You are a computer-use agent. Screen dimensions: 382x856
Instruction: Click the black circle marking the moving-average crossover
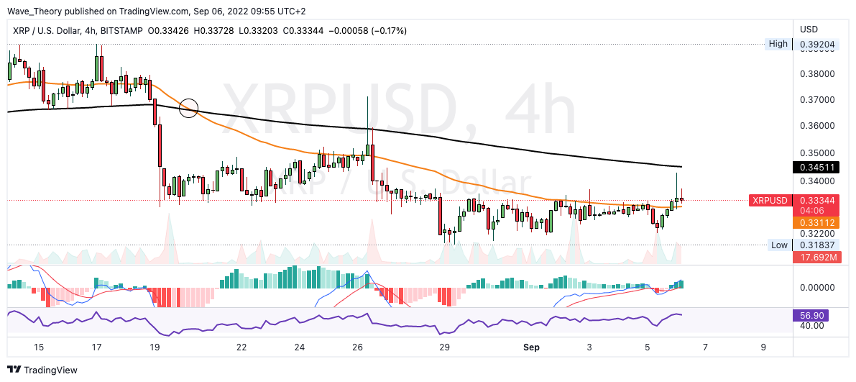[188, 109]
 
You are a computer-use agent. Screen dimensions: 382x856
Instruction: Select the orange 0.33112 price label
[816, 223]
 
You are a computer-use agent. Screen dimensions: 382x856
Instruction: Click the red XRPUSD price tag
[769, 200]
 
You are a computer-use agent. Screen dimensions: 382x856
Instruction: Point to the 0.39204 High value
[817, 44]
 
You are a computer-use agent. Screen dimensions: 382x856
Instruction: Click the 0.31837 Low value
[816, 245]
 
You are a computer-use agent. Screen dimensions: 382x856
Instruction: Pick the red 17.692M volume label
[816, 257]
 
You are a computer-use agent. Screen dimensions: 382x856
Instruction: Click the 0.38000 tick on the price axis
[818, 73]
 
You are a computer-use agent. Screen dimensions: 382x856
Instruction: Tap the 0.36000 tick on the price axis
[818, 126]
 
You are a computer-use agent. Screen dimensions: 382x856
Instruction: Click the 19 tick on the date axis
[155, 347]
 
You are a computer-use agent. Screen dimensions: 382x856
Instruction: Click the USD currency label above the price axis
[809, 29]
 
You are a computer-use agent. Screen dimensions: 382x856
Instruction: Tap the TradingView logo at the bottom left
[45, 370]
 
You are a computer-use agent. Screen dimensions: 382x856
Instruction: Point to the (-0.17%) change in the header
[389, 31]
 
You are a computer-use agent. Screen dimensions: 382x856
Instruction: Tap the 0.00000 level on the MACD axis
[818, 287]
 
